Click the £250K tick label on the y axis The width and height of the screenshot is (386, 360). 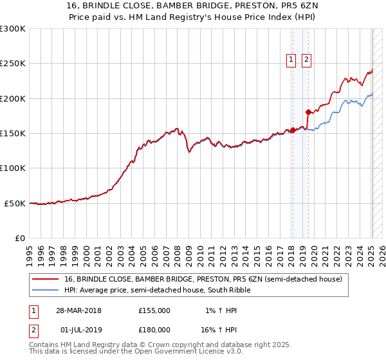(13, 64)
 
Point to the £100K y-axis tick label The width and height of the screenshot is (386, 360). (13, 168)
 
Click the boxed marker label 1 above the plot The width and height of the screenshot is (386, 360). (291, 60)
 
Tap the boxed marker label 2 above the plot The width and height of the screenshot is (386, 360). (306, 60)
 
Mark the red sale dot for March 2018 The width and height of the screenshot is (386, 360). (293, 130)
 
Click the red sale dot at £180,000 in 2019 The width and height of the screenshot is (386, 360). (308, 113)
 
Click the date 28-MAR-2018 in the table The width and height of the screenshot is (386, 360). (82, 311)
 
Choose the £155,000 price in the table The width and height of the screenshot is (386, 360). (154, 311)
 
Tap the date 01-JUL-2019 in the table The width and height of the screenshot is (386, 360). (82, 330)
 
